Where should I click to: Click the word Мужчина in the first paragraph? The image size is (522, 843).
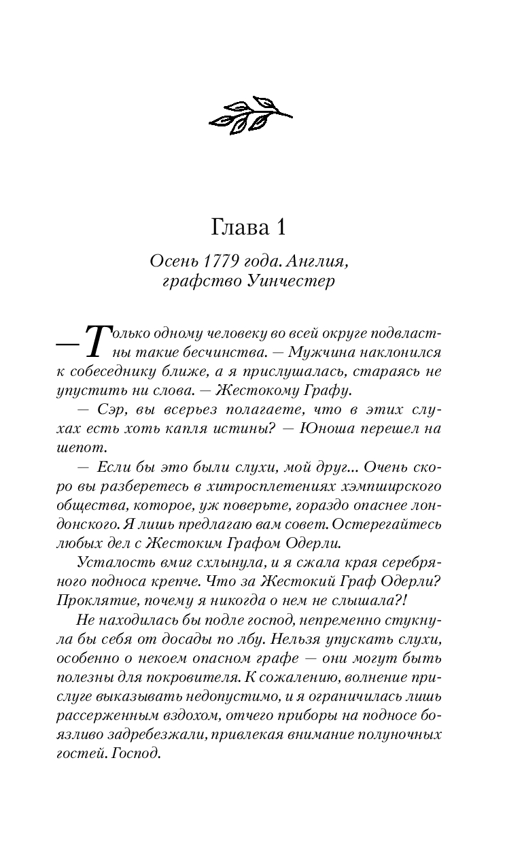tap(321, 354)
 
